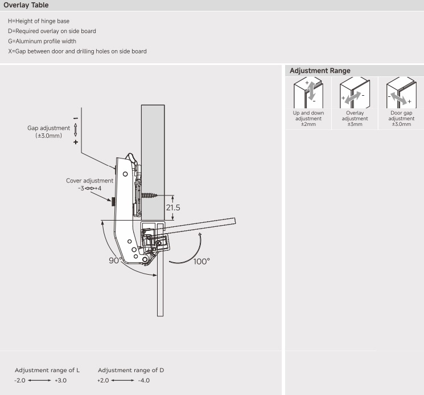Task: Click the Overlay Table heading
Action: coord(26,5)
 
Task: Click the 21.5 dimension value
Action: coord(173,207)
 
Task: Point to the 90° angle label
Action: coord(116,260)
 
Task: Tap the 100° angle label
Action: coord(201,261)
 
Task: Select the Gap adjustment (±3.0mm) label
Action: coord(49,132)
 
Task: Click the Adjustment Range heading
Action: coord(320,71)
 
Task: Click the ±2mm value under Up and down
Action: coord(308,124)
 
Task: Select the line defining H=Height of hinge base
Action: coord(43,21)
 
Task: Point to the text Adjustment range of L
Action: coord(47,370)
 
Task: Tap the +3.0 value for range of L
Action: coord(60,380)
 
